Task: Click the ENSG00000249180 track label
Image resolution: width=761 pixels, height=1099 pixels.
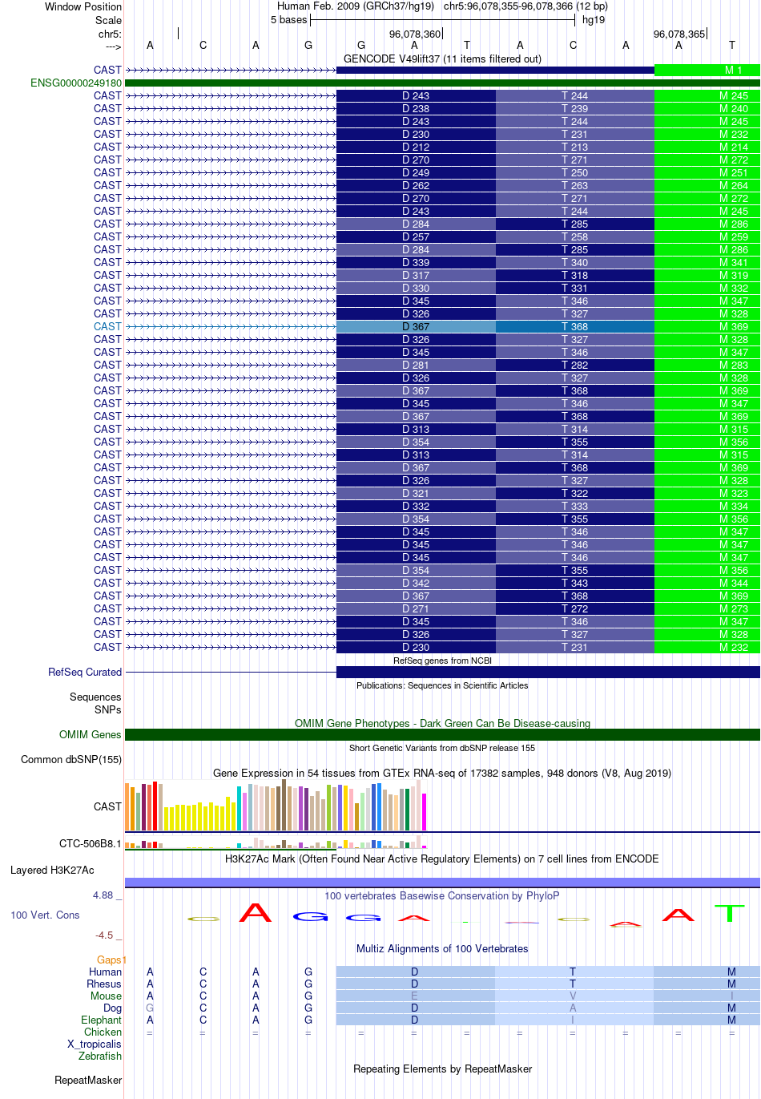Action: [x=76, y=83]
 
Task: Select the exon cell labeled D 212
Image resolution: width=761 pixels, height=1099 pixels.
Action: [x=416, y=147]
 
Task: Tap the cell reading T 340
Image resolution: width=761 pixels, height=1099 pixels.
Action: [x=574, y=262]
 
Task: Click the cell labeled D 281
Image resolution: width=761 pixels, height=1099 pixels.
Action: [x=416, y=365]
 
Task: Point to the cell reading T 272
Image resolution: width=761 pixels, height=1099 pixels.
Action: [x=574, y=608]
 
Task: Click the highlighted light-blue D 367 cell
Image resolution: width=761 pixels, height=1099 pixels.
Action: [x=416, y=326]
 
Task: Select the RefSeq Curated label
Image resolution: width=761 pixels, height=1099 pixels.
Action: [x=85, y=672]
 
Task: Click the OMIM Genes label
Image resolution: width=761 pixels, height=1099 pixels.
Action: [x=90, y=734]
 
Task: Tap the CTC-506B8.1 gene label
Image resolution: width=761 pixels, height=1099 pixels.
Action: [x=90, y=843]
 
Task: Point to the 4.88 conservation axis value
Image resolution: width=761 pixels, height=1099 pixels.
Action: [x=103, y=895]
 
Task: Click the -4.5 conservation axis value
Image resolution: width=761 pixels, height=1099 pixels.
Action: [x=104, y=935]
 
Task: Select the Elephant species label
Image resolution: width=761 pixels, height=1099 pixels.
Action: [x=101, y=1020]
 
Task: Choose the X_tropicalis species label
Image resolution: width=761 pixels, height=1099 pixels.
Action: [x=94, y=1044]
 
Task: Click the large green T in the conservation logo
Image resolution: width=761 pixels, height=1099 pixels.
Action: [x=730, y=913]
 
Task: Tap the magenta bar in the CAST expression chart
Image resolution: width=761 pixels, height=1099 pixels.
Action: [x=425, y=811]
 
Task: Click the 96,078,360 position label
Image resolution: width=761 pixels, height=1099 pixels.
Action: [x=415, y=34]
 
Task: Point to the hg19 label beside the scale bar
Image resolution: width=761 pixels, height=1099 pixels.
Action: [x=594, y=20]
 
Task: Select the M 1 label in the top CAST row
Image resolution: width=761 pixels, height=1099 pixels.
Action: [x=733, y=70]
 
